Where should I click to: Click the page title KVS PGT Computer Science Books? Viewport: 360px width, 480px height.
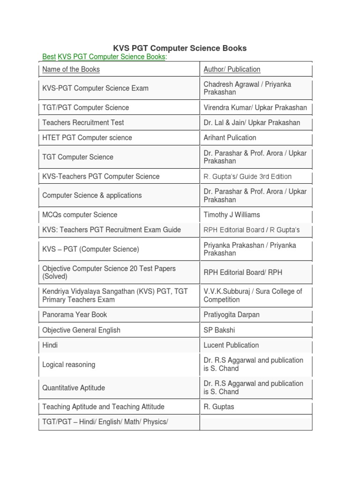[180, 48]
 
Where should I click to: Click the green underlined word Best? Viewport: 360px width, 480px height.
[49, 57]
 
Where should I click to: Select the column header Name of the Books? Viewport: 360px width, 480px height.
[71, 69]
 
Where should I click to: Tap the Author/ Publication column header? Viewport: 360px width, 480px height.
[232, 69]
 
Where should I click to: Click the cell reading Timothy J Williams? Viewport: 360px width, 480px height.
[232, 215]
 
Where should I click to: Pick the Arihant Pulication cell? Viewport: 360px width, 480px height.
[230, 138]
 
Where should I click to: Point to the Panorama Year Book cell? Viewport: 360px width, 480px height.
[75, 315]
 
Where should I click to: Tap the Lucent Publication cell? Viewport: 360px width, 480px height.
[231, 345]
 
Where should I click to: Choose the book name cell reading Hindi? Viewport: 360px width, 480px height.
[50, 345]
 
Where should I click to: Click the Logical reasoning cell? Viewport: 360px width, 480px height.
[68, 365]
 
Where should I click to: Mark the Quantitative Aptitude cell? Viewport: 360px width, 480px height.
[74, 388]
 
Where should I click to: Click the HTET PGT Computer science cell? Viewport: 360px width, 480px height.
[87, 138]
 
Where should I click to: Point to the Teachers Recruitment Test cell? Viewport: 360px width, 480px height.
[83, 123]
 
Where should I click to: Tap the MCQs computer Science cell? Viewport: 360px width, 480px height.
[80, 215]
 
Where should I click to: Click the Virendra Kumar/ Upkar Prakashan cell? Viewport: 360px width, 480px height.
[255, 108]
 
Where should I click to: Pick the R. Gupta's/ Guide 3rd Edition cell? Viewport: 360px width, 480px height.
[247, 177]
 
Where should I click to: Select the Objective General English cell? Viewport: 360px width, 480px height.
[81, 330]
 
